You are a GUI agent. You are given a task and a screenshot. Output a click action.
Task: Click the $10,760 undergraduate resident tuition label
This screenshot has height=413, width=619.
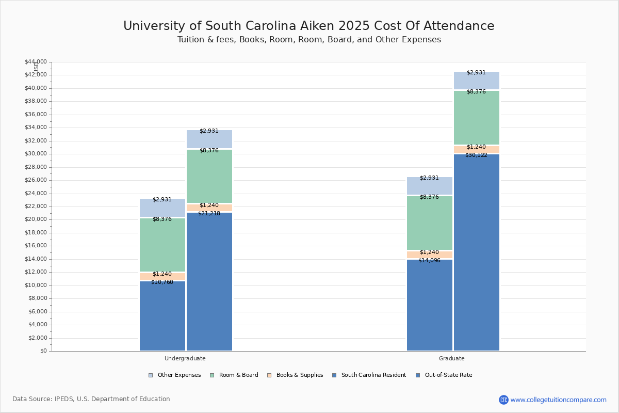[162, 282]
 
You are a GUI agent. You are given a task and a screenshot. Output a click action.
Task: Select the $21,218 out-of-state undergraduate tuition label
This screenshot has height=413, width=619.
[209, 214]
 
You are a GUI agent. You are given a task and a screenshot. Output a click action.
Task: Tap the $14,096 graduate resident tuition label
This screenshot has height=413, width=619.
[429, 261]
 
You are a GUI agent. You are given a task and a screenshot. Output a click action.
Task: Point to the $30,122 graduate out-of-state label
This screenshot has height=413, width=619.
[476, 155]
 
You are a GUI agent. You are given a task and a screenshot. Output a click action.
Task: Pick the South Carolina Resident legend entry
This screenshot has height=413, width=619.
[369, 375]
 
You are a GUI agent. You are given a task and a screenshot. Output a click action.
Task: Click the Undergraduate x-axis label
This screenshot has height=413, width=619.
[185, 358]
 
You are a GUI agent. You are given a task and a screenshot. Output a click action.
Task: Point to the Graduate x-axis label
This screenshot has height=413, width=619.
[452, 358]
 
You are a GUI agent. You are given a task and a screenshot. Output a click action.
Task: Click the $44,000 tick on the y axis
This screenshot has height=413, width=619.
[36, 62]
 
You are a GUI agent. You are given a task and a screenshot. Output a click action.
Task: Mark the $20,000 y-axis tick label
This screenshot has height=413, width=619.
[36, 219]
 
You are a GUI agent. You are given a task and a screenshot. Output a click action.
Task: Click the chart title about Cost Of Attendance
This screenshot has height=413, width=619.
[308, 26]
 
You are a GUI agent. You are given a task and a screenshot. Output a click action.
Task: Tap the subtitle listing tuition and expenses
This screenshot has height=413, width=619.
[309, 40]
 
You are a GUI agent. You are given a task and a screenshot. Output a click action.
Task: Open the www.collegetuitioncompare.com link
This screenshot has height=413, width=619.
[558, 400]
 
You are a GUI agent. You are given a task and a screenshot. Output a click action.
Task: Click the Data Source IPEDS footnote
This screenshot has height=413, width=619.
[91, 399]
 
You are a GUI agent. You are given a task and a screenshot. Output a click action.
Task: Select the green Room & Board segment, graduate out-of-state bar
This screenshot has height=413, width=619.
[477, 118]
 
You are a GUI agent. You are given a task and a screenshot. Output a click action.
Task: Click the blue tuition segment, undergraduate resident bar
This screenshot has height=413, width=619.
[162, 316]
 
